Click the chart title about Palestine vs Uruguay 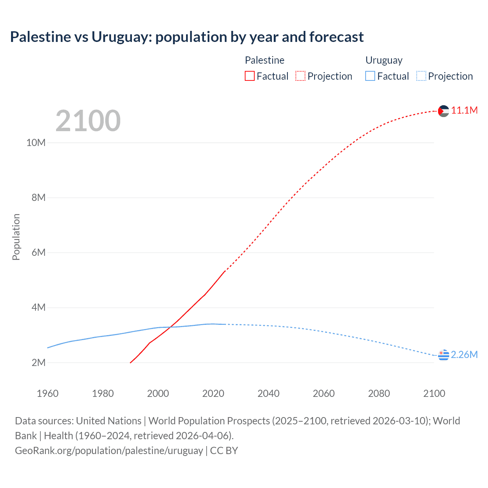187,37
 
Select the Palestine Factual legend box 250,76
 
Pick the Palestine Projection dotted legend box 300,76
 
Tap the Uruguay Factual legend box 370,76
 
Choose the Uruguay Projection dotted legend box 421,76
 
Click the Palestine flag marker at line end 443,111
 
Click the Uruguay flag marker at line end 443,355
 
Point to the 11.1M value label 464,111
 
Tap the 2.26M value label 464,355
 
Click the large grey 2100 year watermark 88,121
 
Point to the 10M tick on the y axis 36,143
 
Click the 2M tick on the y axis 38,363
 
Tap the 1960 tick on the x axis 48,393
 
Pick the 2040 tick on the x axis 268,393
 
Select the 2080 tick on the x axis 379,393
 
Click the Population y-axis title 16,237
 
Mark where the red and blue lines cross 170,327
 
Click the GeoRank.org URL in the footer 109,451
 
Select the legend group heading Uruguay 384,60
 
